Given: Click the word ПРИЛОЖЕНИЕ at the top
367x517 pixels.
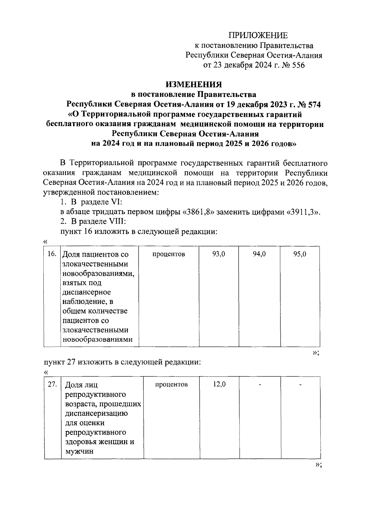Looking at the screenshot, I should click(x=259, y=35).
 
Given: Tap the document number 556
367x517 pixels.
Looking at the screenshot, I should click(x=298, y=65).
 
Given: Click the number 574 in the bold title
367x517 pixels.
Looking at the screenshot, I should click(x=312, y=104).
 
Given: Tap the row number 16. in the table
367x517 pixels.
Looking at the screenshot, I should click(x=52, y=254).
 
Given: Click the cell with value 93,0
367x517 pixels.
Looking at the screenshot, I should click(x=219, y=254).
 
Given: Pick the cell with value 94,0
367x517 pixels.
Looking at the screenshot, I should click(x=259, y=254).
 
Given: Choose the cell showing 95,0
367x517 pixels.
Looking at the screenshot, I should click(x=300, y=254).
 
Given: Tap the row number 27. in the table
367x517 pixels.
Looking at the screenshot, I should click(x=52, y=385).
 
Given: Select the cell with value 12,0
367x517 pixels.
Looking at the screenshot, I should click(x=219, y=385).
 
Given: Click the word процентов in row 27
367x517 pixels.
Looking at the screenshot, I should click(x=171, y=385).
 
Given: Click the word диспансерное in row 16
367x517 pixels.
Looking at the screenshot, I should click(x=87, y=292).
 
